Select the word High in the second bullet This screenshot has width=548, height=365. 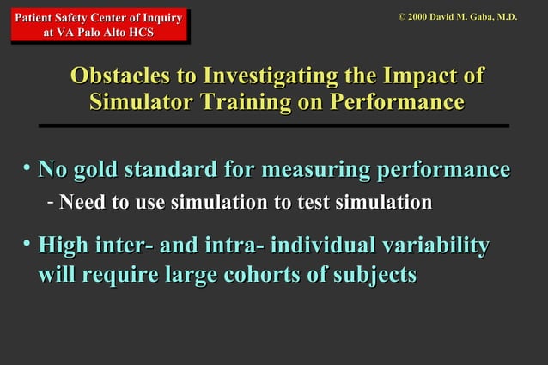point(63,246)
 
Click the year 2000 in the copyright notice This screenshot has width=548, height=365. point(419,16)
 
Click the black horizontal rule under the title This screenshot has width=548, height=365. point(274,125)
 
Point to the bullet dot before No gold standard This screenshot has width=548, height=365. point(27,167)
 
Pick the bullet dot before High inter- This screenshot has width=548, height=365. point(27,245)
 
